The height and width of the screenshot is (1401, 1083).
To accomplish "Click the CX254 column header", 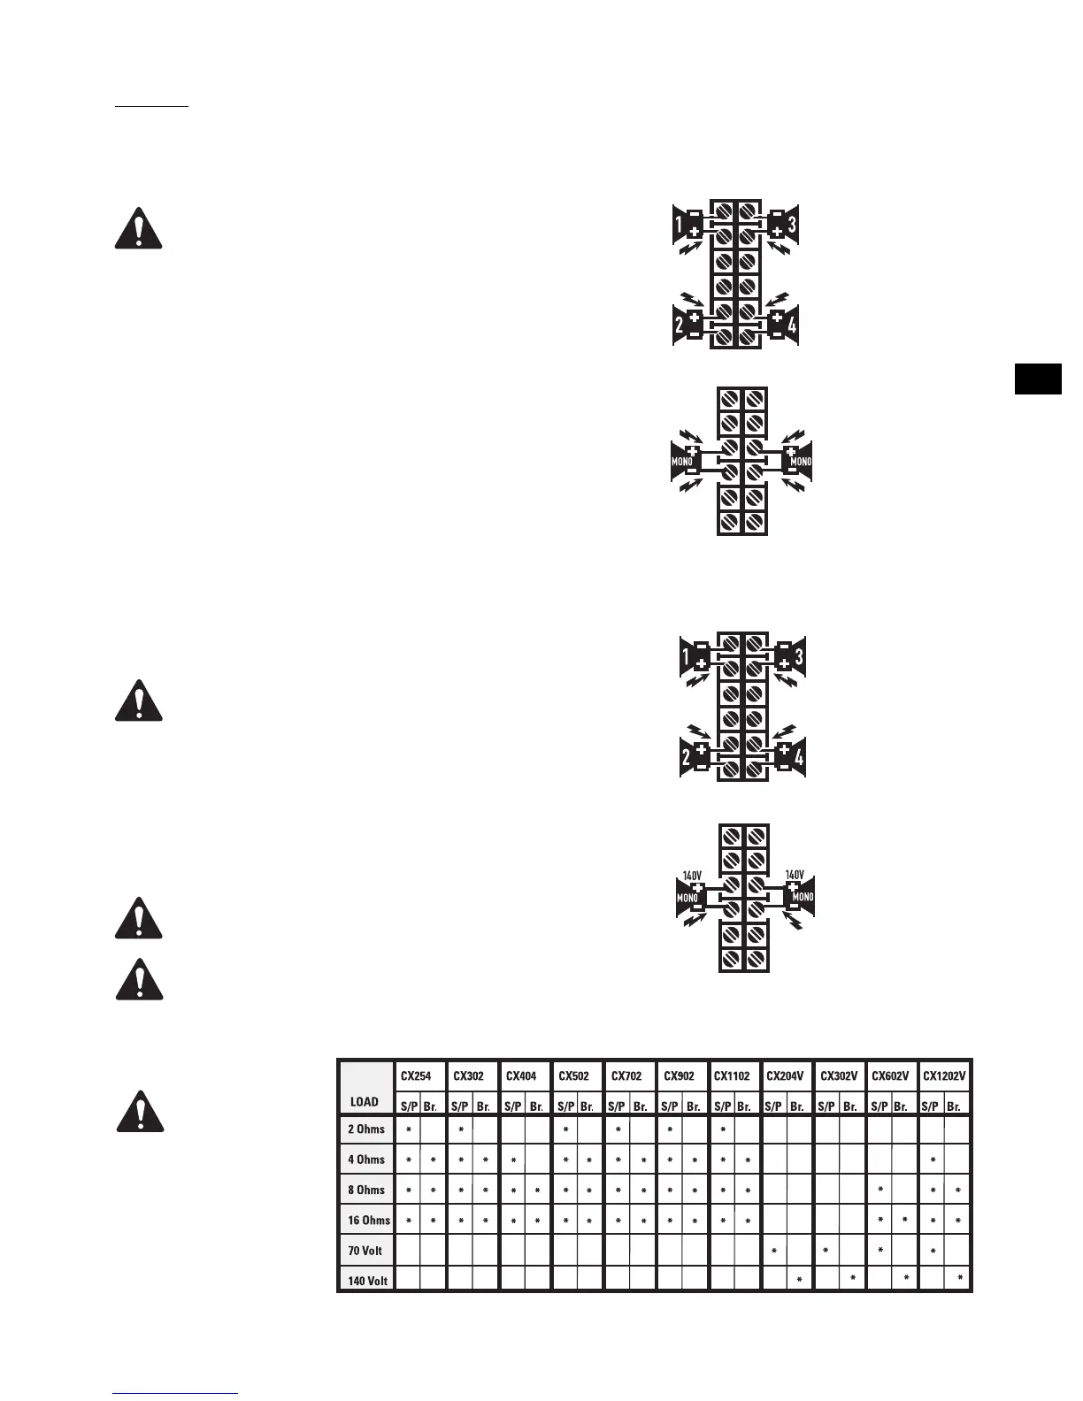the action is click(x=416, y=1076).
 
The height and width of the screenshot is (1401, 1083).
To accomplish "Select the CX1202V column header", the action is click(x=945, y=1076).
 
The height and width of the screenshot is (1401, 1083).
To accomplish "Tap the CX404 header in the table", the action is click(x=521, y=1076).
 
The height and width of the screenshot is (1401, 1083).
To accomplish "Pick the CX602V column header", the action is click(x=890, y=1076).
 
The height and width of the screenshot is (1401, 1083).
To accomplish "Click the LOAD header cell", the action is click(x=365, y=1101).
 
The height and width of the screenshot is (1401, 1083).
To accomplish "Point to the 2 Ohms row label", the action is click(x=366, y=1129).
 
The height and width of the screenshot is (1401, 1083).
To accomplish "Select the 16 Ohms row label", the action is click(x=368, y=1220).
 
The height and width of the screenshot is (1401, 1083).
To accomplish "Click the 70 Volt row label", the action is click(x=365, y=1251).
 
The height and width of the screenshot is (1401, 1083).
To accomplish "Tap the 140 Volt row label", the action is click(x=367, y=1281).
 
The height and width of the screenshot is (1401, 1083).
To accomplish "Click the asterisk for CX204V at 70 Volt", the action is click(x=774, y=1251).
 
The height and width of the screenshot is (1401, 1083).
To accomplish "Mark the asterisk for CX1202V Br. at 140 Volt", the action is click(x=959, y=1278).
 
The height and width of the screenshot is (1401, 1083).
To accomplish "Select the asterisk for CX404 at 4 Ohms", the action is click(x=513, y=1160).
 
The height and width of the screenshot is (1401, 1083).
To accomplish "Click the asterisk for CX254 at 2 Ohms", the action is click(x=408, y=1130).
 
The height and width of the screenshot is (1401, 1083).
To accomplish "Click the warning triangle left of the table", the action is click(x=140, y=1112).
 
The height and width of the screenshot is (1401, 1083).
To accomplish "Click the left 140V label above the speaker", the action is click(x=692, y=876).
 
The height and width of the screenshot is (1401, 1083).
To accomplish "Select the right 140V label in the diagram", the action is click(x=795, y=876).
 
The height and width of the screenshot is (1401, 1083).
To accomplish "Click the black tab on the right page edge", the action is click(x=1037, y=379).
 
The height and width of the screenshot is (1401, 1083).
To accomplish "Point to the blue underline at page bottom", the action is click(x=176, y=1394).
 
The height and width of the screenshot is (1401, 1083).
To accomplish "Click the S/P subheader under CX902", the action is click(x=670, y=1106).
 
